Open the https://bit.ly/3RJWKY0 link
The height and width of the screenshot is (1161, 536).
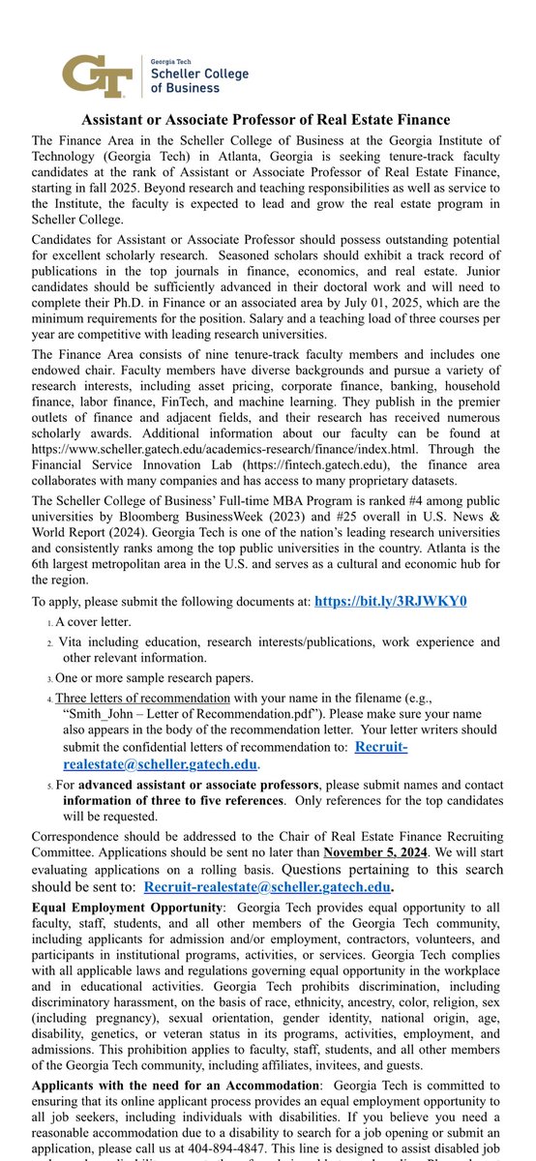click(390, 601)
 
